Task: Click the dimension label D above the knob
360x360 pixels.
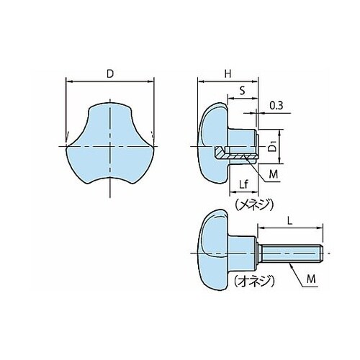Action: tap(110, 74)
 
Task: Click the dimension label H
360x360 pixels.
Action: tap(228, 74)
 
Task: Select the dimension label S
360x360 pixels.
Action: tap(243, 91)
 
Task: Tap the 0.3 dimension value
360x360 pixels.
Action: tap(276, 105)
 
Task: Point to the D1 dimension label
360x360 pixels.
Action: tap(272, 147)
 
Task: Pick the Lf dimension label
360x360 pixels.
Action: tap(243, 184)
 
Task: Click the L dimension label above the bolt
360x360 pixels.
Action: tap(290, 221)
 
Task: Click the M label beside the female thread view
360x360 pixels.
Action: tap(273, 174)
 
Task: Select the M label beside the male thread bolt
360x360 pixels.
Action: tap(311, 279)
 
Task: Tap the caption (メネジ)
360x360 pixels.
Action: tap(254, 204)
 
